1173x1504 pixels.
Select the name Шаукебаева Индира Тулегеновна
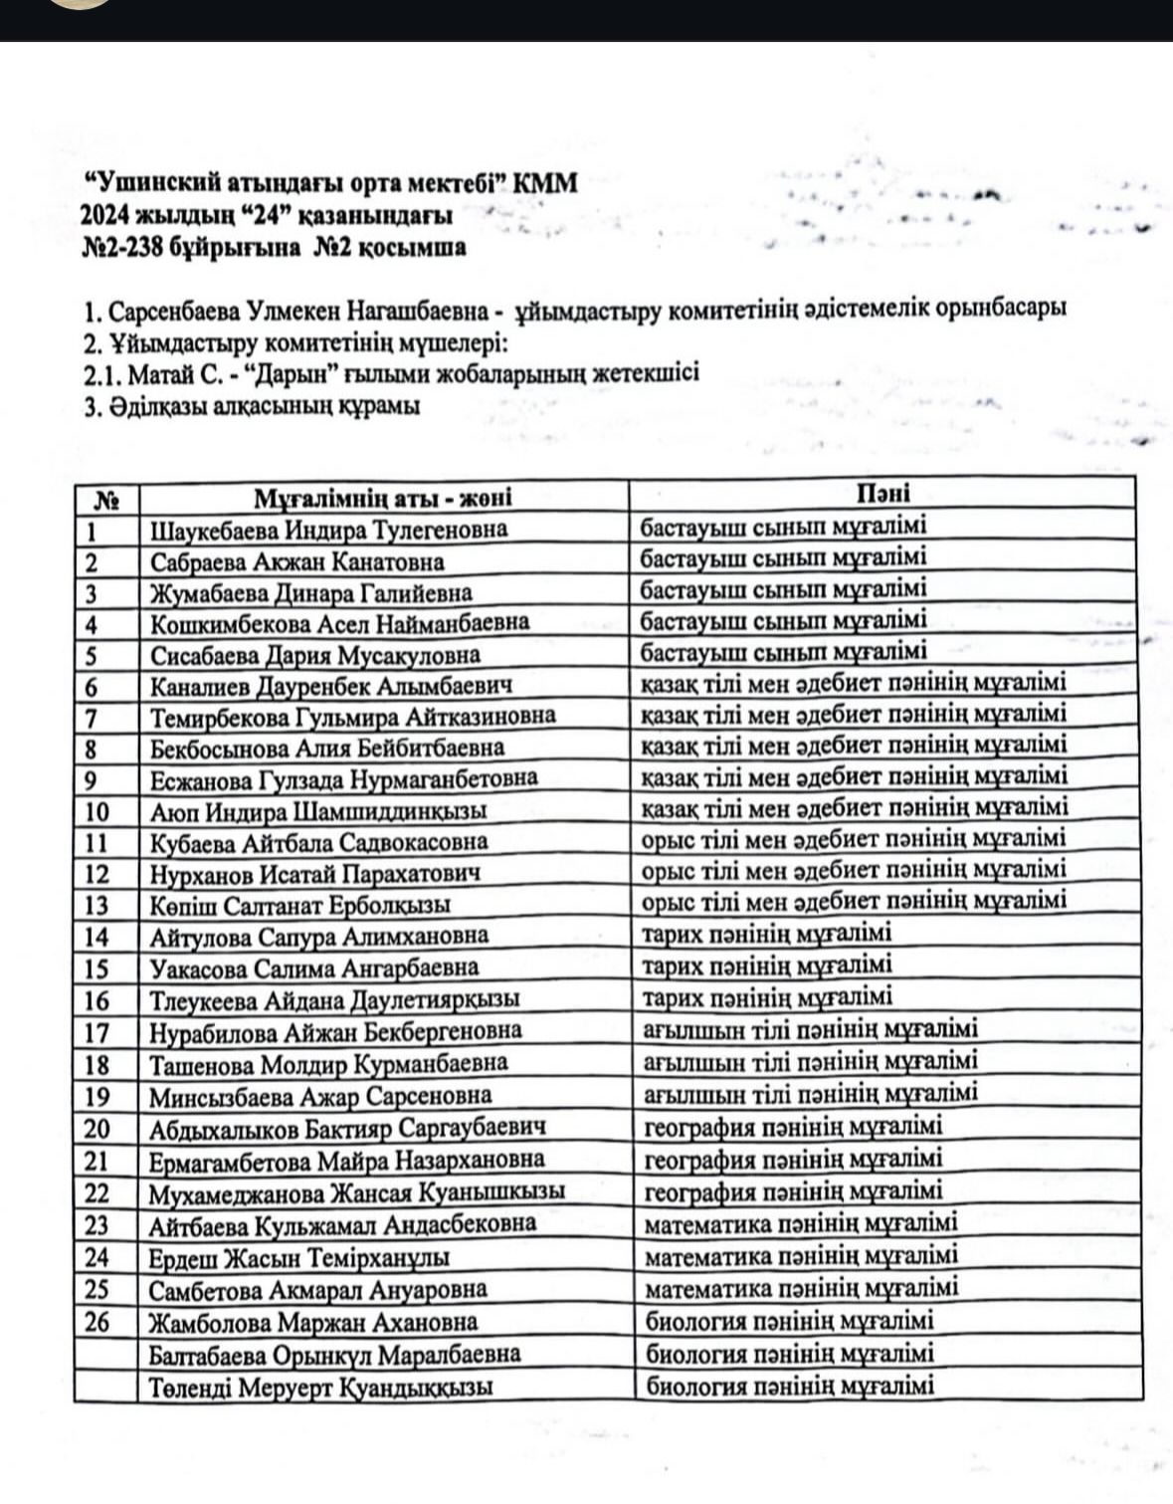[x=328, y=530]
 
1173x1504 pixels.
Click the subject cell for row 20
[x=793, y=1128]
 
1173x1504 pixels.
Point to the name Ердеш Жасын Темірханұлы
[x=298, y=1258]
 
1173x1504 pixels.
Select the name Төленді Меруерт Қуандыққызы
[x=320, y=1388]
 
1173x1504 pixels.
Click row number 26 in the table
[x=98, y=1323]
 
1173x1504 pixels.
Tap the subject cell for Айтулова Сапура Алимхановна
[x=767, y=934]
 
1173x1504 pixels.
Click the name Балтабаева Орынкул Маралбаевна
[x=334, y=1355]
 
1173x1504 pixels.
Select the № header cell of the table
[x=105, y=499]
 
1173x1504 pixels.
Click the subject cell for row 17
[x=811, y=1030]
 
